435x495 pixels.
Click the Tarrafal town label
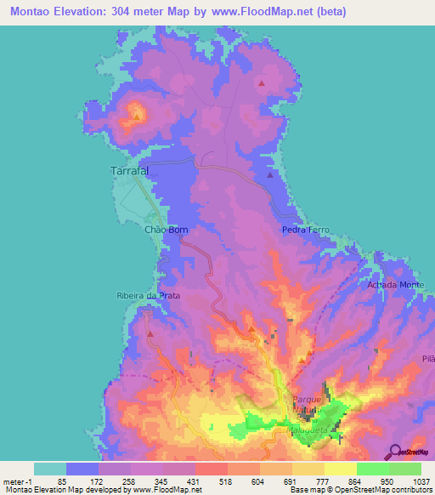tap(130, 171)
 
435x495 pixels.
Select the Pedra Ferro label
tap(306, 230)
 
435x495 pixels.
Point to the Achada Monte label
tap(395, 284)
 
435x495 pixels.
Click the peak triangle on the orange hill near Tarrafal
tap(137, 114)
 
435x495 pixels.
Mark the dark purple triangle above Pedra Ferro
tap(270, 175)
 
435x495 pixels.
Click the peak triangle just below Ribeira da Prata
tap(150, 333)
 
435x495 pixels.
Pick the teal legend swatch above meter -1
tap(50, 469)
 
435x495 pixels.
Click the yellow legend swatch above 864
tap(340, 469)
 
